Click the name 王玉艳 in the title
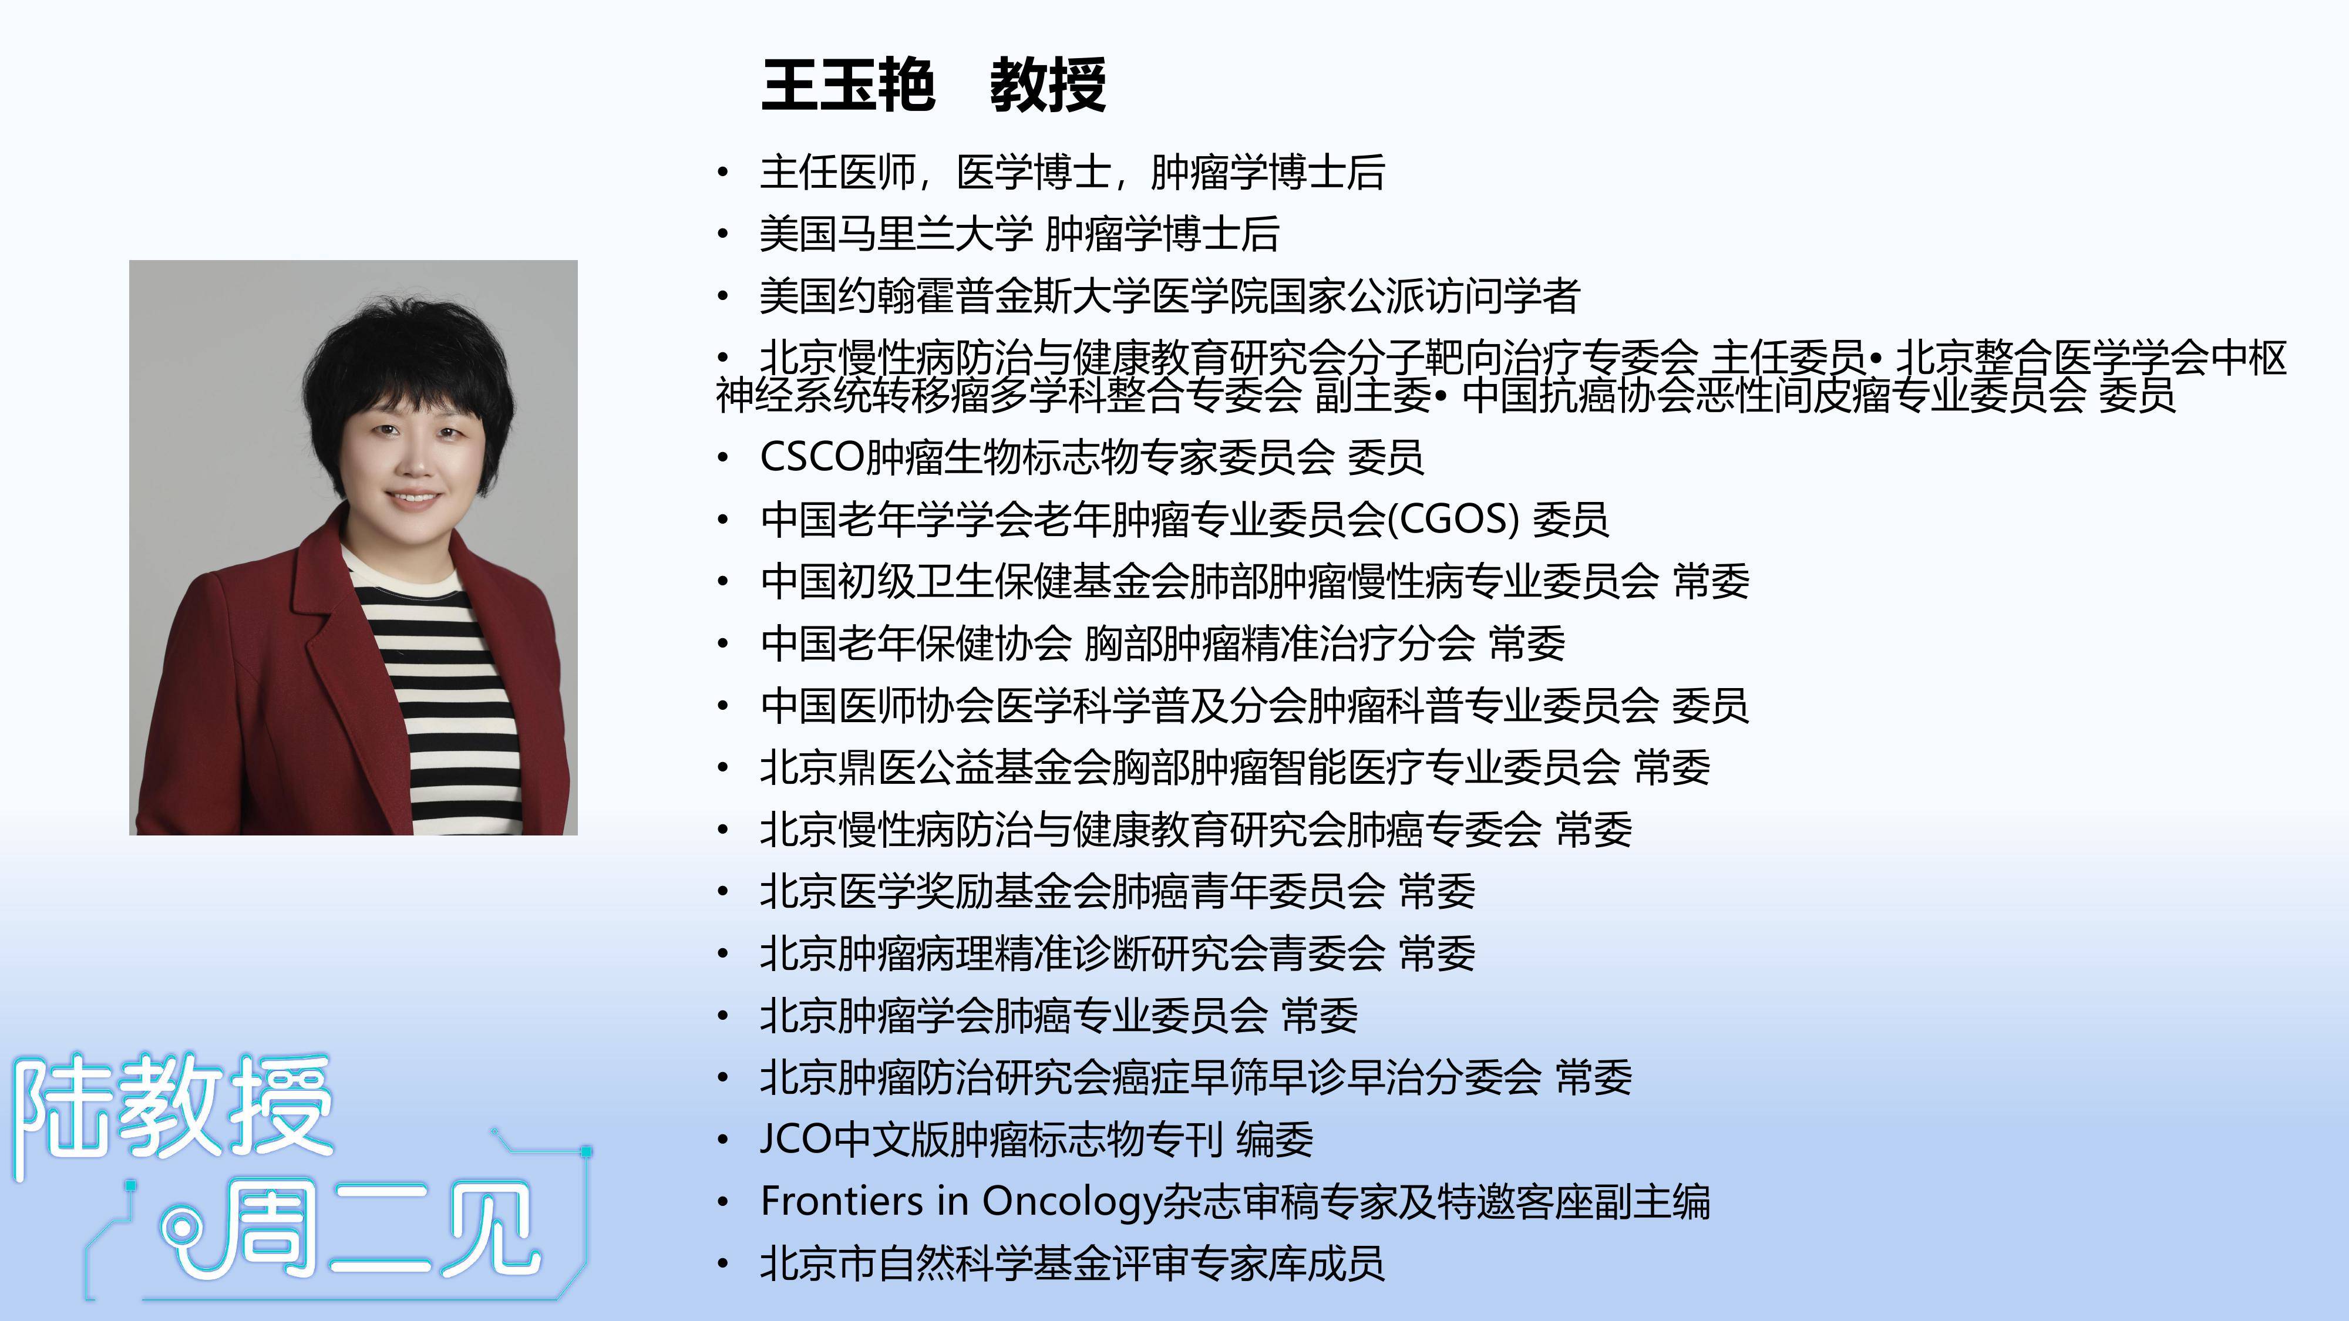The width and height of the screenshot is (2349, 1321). pos(848,86)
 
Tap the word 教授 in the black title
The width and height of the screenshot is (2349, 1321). pos(1048,86)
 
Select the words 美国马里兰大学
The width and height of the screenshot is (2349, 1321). pos(896,234)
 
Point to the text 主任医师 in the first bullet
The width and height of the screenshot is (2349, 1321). pos(838,172)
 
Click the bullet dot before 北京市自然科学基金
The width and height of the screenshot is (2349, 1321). pos(723,1263)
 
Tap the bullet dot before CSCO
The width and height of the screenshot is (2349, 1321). pos(723,458)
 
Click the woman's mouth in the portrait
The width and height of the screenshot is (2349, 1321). pos(414,498)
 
